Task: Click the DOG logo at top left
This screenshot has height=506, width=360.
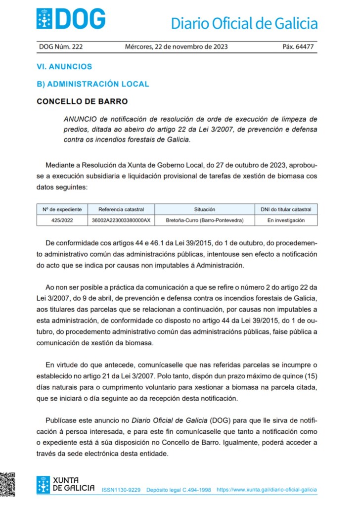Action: point(71,19)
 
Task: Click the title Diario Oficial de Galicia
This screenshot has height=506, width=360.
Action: point(244,23)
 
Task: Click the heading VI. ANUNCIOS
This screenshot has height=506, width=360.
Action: point(64,66)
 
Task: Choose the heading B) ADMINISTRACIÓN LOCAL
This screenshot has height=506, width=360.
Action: point(92,84)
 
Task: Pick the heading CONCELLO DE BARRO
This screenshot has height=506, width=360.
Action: point(82,101)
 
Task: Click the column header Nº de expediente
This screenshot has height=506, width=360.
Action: point(62,209)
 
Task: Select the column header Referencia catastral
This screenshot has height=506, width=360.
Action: point(121,209)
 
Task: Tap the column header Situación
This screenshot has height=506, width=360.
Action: point(204,209)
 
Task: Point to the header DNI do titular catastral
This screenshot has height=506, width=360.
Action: point(286,209)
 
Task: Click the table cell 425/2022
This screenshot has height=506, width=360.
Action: point(62,220)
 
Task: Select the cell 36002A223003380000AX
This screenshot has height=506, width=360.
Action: point(121,220)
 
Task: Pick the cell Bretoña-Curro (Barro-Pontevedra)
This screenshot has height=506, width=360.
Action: point(204,220)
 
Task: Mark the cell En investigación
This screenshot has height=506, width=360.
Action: point(286,220)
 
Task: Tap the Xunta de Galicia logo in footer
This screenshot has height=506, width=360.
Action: point(66,484)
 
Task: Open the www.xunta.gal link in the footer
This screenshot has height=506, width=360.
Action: point(267,490)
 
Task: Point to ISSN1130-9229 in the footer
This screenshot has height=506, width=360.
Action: point(121,490)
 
